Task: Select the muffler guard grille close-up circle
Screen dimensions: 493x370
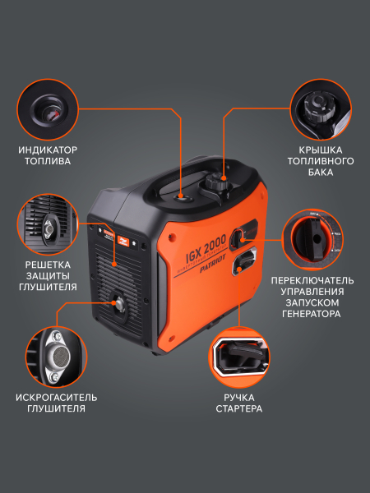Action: click(x=49, y=223)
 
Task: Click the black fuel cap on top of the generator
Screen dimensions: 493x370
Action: click(x=219, y=181)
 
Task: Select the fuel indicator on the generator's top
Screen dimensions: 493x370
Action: click(x=183, y=197)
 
